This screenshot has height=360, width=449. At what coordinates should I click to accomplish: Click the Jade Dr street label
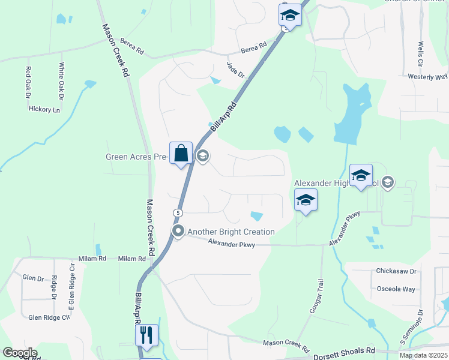pos(237,70)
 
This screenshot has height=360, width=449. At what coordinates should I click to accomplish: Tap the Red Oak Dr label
pos(28,82)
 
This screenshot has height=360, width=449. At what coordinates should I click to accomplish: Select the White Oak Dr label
pos(61,81)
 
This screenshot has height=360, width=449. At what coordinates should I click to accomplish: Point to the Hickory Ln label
pos(45,110)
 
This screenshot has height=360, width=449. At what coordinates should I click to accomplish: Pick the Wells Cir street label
pos(421,55)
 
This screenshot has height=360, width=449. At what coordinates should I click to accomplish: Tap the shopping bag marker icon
pos(181,154)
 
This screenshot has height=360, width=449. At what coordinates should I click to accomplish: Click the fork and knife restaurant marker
pos(146,335)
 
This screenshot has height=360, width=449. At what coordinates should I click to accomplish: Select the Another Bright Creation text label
pos(231,232)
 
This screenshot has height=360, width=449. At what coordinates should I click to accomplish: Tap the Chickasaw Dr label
pos(396,271)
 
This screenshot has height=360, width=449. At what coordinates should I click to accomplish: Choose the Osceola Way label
pos(396,289)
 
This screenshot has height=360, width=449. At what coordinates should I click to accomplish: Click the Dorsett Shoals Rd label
pos(344,351)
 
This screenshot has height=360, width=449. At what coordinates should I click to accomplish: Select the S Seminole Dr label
pos(420,323)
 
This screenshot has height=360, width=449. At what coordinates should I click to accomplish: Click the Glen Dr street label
pos(33,278)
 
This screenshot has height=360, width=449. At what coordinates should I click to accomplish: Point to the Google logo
pos(20,353)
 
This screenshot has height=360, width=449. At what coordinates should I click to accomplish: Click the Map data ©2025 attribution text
pos(423,355)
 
